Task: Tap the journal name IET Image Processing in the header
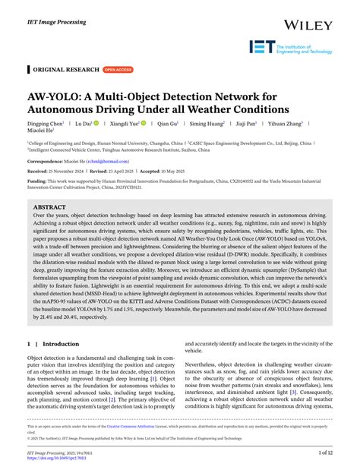[58, 14]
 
